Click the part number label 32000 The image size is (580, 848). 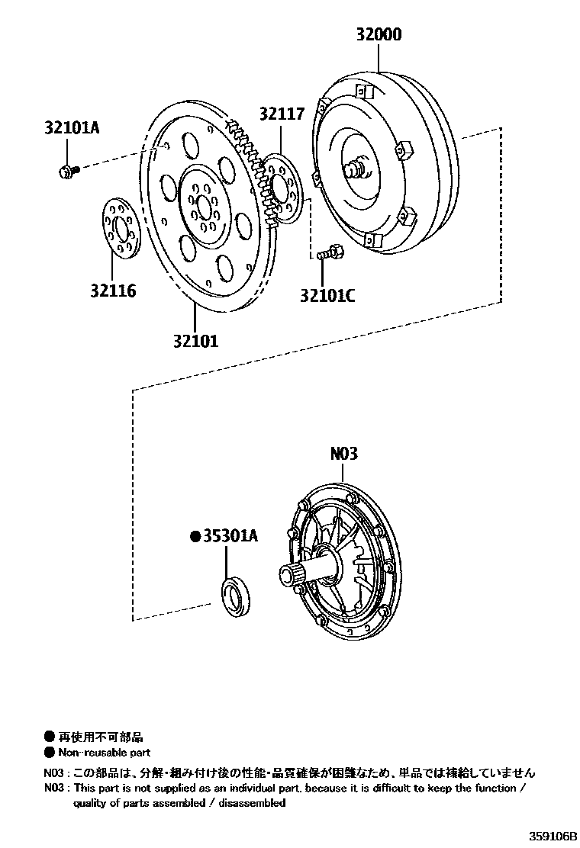click(379, 34)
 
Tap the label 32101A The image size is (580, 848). click(72, 128)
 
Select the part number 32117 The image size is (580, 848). click(282, 114)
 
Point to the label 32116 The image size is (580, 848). click(113, 291)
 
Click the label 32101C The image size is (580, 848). click(328, 295)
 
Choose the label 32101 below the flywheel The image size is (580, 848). click(196, 341)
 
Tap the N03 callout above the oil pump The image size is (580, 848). click(344, 453)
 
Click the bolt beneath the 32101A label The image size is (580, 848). click(68, 171)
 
